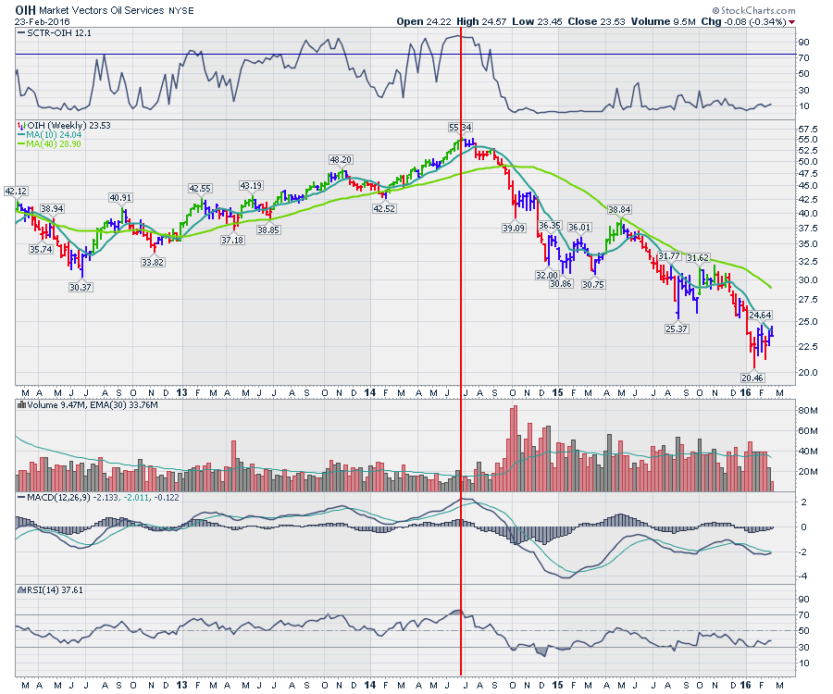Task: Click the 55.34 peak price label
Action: (460, 127)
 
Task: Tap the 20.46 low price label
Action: (752, 378)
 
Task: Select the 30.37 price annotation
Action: (82, 287)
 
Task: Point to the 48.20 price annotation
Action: (341, 159)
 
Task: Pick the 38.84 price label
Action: (618, 210)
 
